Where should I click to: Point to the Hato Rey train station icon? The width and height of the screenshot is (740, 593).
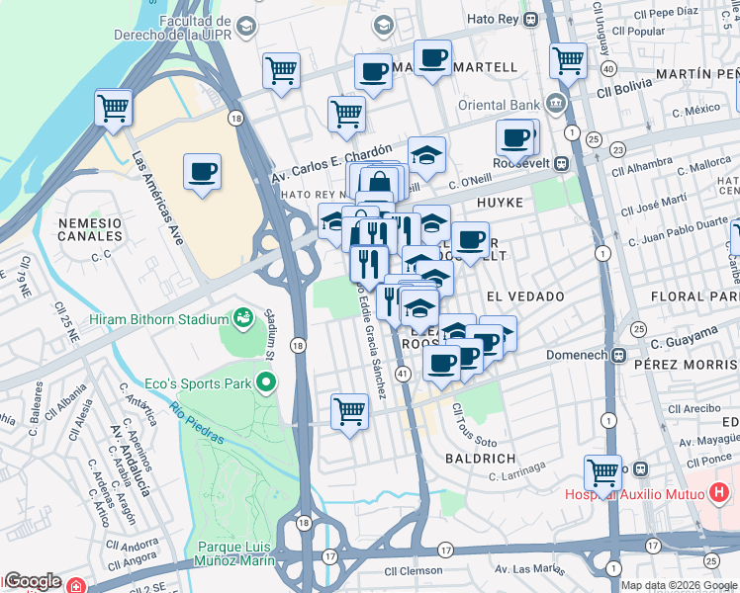point(531,18)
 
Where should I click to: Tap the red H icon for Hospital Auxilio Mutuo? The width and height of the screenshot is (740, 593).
point(719,490)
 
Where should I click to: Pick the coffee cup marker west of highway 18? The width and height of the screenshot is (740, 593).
point(202,172)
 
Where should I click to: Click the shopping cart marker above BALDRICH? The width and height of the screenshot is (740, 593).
point(348,411)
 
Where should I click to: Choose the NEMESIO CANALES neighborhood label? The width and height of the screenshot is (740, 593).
point(89,230)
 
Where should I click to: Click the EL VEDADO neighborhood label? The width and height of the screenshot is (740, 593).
point(524,296)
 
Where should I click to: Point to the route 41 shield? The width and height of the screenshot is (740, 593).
point(403,374)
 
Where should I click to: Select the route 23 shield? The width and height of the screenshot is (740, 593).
point(616,149)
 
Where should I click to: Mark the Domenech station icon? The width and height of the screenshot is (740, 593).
point(618,355)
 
